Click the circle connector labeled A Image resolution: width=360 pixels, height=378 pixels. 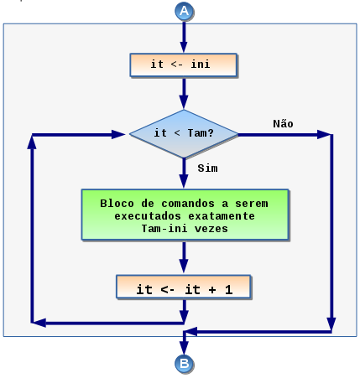[x=184, y=11]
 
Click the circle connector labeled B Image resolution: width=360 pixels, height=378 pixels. [x=184, y=364]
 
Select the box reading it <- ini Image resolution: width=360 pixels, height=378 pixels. [x=184, y=65]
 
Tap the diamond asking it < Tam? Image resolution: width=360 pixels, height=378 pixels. [x=184, y=134]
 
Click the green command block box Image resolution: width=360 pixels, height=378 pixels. [x=185, y=215]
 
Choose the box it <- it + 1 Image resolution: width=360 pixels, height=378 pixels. [x=184, y=287]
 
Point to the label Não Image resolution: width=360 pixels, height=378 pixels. [x=283, y=123]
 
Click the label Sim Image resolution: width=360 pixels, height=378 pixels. [x=207, y=168]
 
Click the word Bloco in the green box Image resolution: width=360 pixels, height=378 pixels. [x=117, y=204]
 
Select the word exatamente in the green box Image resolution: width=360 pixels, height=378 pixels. [x=222, y=216]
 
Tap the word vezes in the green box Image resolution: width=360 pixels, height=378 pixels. [x=211, y=229]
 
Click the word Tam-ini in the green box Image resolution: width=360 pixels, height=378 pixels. [x=164, y=229]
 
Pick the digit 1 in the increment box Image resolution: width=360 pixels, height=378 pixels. [x=229, y=289]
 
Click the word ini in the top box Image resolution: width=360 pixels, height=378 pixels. [x=201, y=64]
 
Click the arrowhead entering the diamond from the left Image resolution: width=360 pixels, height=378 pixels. [x=118, y=134]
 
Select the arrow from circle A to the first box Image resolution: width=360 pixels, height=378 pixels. [x=184, y=37]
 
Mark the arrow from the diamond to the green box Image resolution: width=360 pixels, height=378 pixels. [x=184, y=173]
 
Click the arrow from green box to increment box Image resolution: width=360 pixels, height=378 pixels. [x=184, y=257]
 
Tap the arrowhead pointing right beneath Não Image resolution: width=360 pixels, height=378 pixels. [x=324, y=134]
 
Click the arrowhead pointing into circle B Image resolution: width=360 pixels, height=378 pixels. [x=184, y=348]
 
